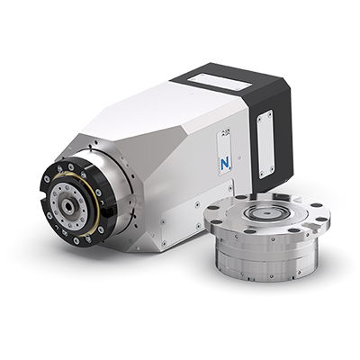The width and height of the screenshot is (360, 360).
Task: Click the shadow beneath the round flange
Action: click(x=270, y=286)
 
